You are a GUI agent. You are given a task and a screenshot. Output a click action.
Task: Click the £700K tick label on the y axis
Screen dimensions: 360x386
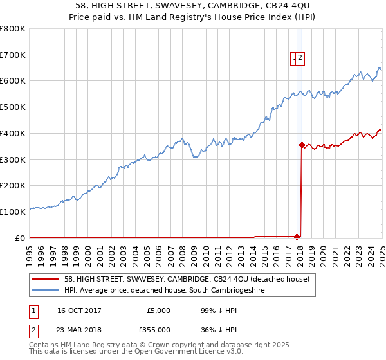click(13, 55)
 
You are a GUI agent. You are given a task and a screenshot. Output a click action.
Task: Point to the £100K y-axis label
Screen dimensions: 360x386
click(13, 212)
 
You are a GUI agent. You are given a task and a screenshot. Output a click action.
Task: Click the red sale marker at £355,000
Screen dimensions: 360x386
click(302, 145)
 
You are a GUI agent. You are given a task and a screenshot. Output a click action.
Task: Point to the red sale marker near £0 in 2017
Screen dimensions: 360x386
click(297, 236)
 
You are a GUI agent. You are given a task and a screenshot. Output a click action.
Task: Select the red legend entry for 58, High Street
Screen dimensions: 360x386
click(187, 279)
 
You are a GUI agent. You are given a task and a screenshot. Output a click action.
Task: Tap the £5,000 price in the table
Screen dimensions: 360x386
click(158, 310)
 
